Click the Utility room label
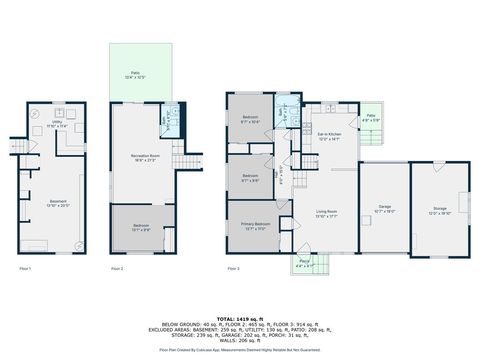(59, 125)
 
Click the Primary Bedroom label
(254, 225)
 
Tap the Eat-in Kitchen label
(330, 138)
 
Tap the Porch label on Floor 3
(303, 264)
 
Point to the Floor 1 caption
(26, 269)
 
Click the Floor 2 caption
(117, 269)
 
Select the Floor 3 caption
(234, 269)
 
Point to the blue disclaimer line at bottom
(240, 350)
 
